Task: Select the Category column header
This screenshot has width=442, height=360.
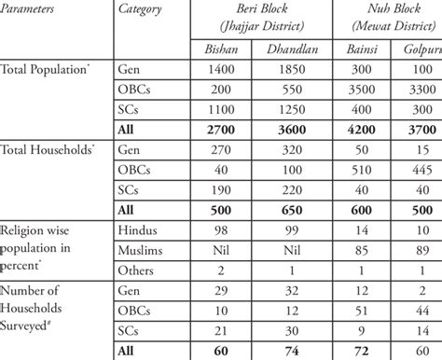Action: click(x=141, y=9)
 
